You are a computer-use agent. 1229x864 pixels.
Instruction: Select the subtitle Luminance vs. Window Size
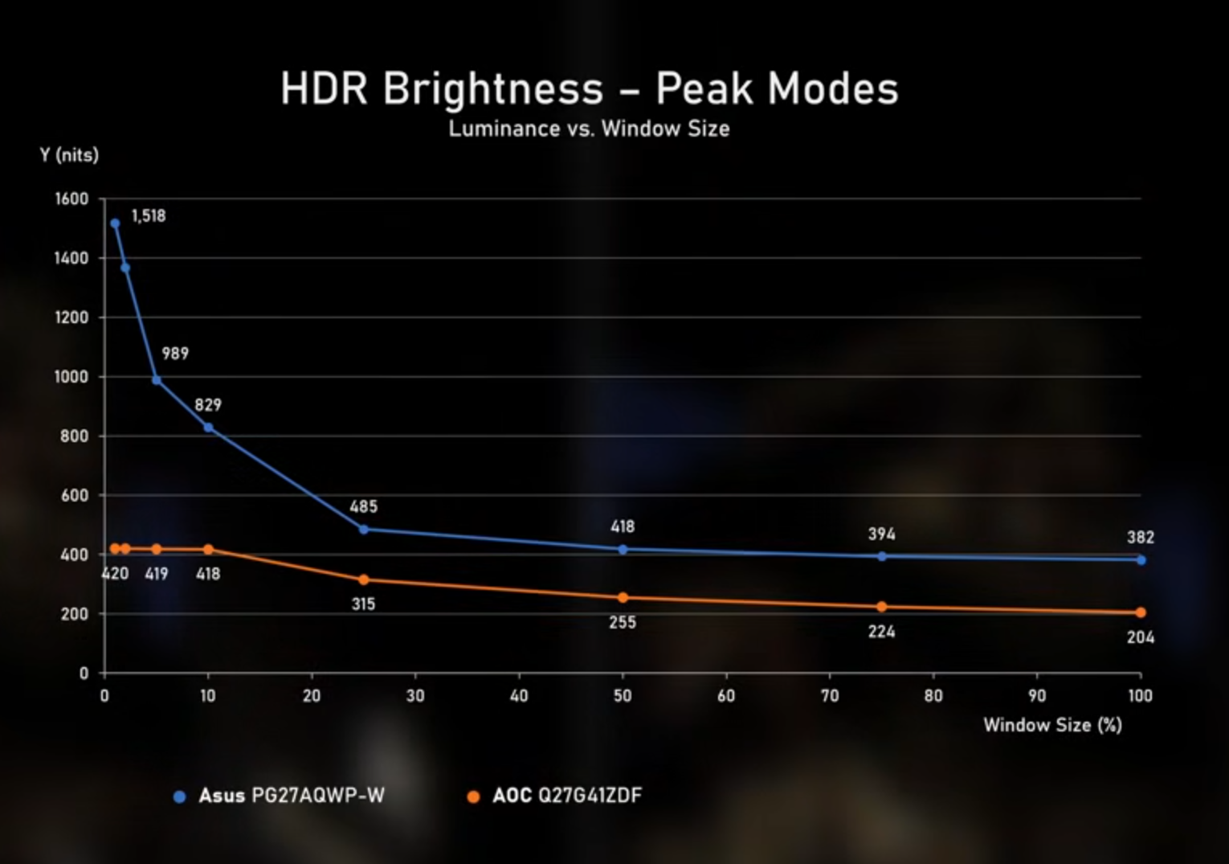(x=589, y=129)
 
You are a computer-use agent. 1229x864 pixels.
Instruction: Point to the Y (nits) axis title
(x=69, y=155)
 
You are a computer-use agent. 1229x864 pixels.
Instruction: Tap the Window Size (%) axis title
(x=1052, y=725)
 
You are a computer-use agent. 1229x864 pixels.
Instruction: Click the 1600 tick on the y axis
(x=71, y=199)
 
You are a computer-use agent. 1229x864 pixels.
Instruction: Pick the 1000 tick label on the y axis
(x=71, y=377)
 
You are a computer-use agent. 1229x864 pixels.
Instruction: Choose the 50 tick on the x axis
(x=623, y=696)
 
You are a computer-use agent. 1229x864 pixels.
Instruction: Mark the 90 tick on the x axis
(x=1037, y=696)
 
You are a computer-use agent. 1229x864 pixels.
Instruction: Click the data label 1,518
(x=148, y=215)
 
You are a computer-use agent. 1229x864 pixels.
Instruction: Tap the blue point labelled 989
(x=157, y=380)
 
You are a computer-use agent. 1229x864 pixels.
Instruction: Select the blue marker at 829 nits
(x=209, y=428)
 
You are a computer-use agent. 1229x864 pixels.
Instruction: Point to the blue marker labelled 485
(x=363, y=530)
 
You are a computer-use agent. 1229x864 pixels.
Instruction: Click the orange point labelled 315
(x=363, y=580)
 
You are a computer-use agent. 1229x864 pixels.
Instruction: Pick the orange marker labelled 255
(x=623, y=598)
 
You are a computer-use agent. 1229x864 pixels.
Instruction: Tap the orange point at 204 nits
(x=1141, y=612)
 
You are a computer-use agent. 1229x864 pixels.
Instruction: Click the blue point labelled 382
(x=1141, y=560)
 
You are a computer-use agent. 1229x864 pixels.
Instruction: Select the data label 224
(x=881, y=632)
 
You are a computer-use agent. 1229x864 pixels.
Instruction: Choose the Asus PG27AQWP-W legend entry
(x=279, y=796)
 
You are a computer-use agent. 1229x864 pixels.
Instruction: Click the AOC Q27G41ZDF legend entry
(x=554, y=796)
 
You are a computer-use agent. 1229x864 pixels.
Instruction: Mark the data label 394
(x=881, y=534)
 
